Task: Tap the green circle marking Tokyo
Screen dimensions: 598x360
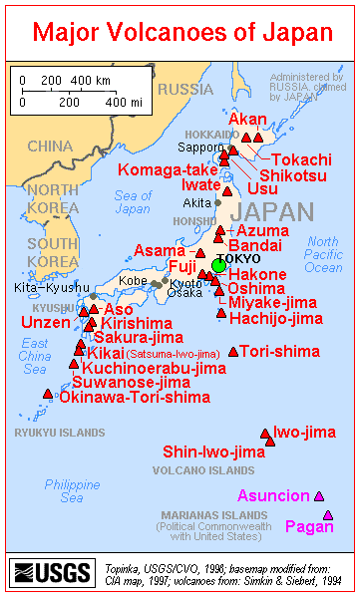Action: click(218, 265)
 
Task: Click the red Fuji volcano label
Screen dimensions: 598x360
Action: click(180, 267)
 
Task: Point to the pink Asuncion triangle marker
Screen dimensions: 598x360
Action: click(319, 495)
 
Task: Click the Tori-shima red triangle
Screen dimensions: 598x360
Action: click(233, 351)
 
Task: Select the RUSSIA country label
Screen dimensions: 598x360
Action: click(186, 90)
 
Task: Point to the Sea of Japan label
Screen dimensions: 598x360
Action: click(133, 202)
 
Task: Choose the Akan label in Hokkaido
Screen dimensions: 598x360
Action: click(247, 120)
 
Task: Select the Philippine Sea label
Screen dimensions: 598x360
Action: click(72, 490)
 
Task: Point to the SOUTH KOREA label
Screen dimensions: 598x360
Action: click(52, 252)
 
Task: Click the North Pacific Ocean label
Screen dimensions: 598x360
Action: click(322, 254)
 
